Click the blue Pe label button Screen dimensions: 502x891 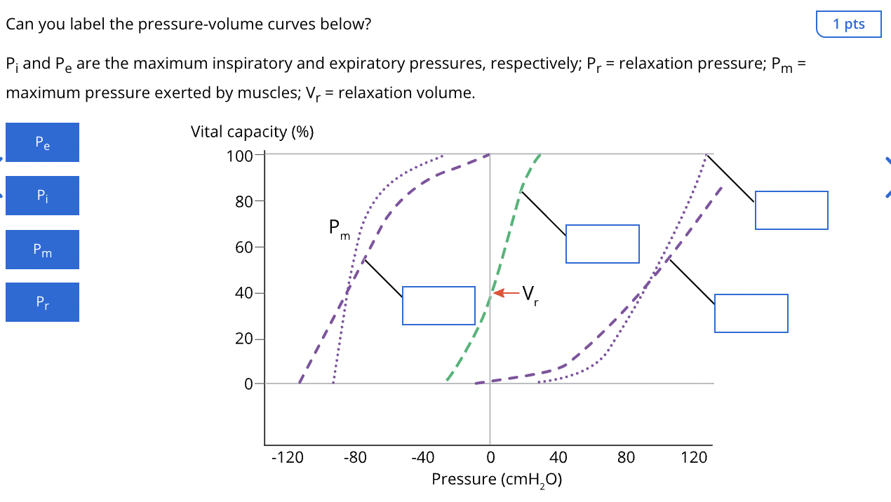pos(42,142)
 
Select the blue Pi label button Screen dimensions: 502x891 pos(42,196)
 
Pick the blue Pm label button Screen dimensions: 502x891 pos(42,250)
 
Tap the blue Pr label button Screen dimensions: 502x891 pos(42,302)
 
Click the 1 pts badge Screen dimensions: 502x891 pos(849,24)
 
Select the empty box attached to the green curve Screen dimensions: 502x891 pos(602,244)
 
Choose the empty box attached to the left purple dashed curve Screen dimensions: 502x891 pos(438,306)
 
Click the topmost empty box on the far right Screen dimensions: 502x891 pos(791,210)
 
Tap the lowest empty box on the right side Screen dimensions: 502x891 pos(751,313)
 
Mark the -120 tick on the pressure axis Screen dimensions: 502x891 pos(287,458)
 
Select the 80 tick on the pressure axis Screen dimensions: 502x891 pos(626,458)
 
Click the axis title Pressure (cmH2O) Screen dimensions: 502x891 pos(497,480)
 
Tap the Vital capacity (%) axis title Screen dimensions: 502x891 pos(252,132)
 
